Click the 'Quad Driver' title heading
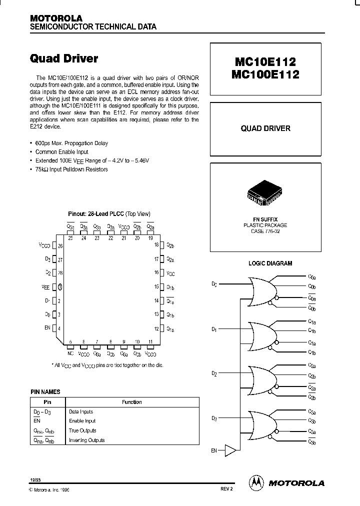pos(64,58)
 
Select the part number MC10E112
pos(264,62)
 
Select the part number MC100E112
pos(264,74)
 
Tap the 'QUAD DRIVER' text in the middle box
pos(265,128)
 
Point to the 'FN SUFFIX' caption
pos(265,219)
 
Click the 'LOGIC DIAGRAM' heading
pos(270,263)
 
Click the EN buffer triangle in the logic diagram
pos(230,450)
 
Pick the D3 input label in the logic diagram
pos(214,418)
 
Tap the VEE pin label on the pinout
pos(45,287)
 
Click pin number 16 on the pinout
pos(156,272)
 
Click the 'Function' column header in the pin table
pos(132,402)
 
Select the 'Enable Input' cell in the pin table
pos(82,421)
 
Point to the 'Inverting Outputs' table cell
pos(86,440)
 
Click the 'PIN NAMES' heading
pos(45,392)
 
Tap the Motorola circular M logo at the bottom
pos(255,482)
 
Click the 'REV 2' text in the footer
pos(226,490)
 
